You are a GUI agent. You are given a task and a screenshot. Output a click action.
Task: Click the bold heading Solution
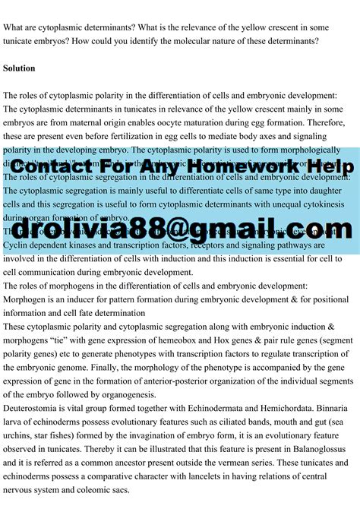click(19, 68)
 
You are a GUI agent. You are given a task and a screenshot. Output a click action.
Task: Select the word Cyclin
click(17, 245)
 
